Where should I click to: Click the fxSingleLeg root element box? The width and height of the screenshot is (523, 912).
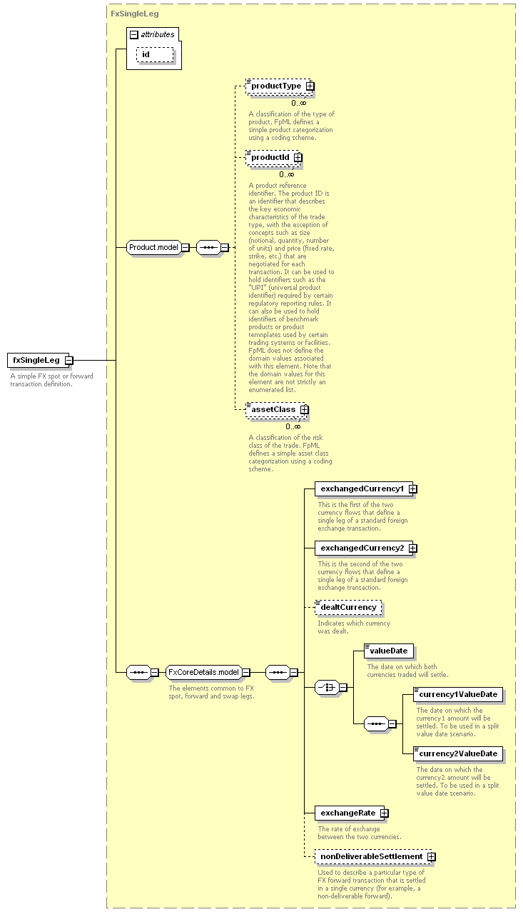[39, 361]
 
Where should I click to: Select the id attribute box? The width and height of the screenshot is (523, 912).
[155, 54]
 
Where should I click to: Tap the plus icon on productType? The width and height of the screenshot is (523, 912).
[310, 86]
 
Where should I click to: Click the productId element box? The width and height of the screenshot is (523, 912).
[274, 158]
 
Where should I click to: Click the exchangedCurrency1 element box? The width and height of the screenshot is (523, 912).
[366, 489]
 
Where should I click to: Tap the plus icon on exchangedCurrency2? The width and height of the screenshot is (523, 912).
[413, 548]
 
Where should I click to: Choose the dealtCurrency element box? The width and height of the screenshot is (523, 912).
[348, 608]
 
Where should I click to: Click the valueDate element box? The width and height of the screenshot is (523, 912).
[389, 651]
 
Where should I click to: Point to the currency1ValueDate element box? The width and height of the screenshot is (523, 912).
[458, 695]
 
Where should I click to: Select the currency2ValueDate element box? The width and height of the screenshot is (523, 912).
[458, 754]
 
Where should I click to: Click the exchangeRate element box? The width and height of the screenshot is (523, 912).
[352, 813]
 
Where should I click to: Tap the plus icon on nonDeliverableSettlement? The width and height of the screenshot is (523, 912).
[432, 856]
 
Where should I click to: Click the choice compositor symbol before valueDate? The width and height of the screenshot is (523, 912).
[327, 688]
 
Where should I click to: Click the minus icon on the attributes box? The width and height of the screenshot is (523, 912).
[134, 35]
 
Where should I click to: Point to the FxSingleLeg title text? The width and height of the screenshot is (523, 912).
[135, 14]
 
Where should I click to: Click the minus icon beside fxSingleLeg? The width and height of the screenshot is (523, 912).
[69, 361]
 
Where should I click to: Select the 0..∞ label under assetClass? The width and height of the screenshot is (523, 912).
[293, 426]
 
